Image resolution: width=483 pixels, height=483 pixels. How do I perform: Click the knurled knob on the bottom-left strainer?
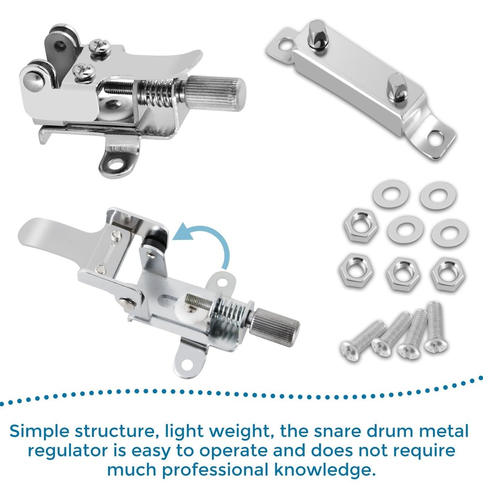pyautogui.click(x=274, y=323)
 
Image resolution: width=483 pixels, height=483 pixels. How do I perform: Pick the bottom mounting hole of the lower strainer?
pyautogui.click(x=186, y=365)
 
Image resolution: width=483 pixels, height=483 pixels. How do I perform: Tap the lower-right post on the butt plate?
pyautogui.click(x=396, y=87)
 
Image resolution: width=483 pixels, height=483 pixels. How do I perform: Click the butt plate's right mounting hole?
pyautogui.click(x=435, y=138)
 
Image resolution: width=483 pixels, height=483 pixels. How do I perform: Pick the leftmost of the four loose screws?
pyautogui.click(x=364, y=340)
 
